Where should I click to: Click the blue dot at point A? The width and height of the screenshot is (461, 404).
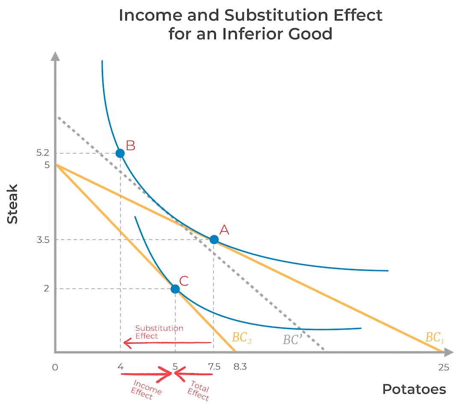click(x=214, y=239)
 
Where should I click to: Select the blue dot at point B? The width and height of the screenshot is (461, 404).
click(x=120, y=153)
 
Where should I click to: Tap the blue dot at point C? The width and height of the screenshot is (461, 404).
click(x=175, y=289)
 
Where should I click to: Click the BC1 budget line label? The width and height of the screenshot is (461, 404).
click(x=434, y=337)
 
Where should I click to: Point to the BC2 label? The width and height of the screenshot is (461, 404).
click(x=242, y=337)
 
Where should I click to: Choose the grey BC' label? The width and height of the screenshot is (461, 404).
click(x=293, y=339)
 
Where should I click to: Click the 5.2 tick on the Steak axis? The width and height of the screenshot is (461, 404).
click(x=43, y=153)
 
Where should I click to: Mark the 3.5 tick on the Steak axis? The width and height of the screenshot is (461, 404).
click(x=43, y=240)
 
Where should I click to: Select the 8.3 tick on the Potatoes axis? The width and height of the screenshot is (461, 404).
click(x=240, y=367)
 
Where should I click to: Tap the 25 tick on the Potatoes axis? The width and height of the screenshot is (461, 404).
click(x=443, y=367)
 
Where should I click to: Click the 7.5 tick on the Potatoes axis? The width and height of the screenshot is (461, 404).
click(x=214, y=367)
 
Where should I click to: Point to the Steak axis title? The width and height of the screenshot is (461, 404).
click(x=12, y=204)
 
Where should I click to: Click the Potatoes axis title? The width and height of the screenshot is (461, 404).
click(x=414, y=389)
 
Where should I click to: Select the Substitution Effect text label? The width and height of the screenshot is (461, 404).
click(x=159, y=332)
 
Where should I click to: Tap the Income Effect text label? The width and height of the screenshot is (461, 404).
click(x=146, y=390)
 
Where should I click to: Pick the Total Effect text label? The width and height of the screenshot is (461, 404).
click(x=198, y=390)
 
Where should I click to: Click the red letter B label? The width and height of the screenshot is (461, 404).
click(x=130, y=145)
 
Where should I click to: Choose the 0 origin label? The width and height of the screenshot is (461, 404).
click(x=55, y=367)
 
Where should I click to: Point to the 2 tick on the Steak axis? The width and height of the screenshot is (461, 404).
click(x=47, y=288)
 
